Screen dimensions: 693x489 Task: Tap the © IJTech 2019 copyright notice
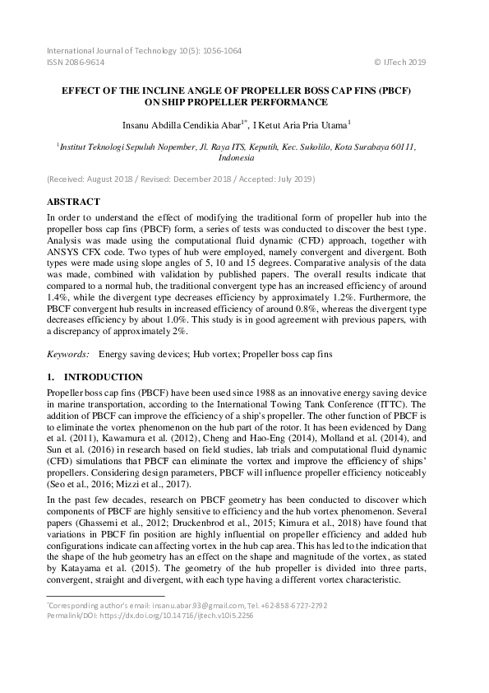400,62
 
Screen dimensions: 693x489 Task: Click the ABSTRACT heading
74,202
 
